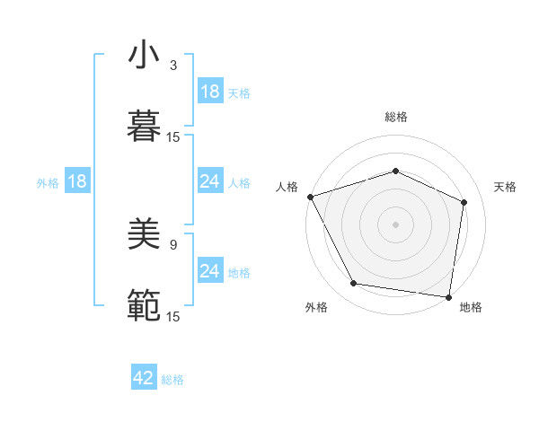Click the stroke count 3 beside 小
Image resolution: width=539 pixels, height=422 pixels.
(x=173, y=66)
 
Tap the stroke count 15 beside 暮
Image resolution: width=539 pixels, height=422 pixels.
(x=173, y=136)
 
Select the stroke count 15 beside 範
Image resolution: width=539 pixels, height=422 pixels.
(x=173, y=315)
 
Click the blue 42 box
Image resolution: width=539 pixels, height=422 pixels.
(x=144, y=379)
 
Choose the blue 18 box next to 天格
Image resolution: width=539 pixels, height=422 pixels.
(x=210, y=92)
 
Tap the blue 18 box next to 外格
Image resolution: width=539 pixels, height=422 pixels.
(x=77, y=181)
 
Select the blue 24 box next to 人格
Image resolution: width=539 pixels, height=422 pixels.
(x=210, y=181)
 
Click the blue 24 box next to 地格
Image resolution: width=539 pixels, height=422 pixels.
(x=210, y=271)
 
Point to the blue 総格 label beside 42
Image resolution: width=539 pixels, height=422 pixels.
(x=172, y=380)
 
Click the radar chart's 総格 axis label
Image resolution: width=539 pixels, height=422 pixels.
(x=395, y=117)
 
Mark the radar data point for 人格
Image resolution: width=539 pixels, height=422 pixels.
(x=310, y=197)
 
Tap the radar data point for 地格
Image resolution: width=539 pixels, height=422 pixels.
(x=448, y=296)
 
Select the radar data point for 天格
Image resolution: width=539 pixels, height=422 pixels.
(x=464, y=202)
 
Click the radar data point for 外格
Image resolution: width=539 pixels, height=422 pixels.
(x=354, y=284)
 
